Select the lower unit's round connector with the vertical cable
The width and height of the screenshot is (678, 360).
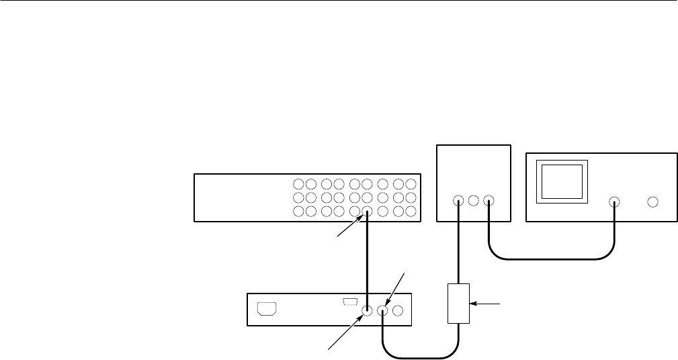368,311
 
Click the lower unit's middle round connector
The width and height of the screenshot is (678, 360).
383,311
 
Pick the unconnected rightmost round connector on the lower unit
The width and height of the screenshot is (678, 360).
398,311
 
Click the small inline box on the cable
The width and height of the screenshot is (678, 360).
459,304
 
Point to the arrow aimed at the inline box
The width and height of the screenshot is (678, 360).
488,304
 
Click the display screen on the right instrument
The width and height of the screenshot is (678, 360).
562,180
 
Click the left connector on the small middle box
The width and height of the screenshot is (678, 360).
458,200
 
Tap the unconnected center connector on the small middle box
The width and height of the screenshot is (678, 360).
473,200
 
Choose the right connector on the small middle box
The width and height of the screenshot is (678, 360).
489,200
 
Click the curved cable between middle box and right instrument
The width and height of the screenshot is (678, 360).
551,257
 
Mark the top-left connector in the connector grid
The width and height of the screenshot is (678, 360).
298,183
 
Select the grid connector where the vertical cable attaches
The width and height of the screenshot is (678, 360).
368,212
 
